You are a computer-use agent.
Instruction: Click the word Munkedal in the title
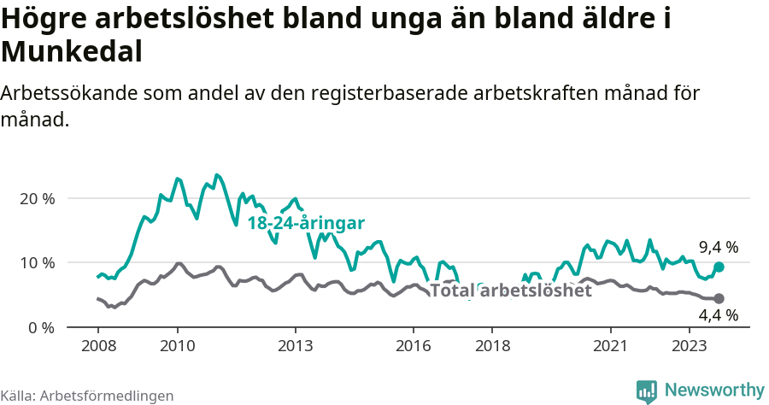click(x=71, y=52)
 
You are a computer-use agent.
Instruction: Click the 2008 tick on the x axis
click(x=97, y=347)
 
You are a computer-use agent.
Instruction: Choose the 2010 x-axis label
click(x=177, y=347)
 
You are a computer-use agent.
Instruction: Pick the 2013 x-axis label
click(x=296, y=347)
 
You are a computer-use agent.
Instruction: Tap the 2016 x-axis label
click(x=414, y=347)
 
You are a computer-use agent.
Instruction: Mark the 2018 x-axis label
click(x=492, y=347)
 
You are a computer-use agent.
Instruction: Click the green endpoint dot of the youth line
click(x=719, y=267)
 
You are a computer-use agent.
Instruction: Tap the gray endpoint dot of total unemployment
click(x=719, y=298)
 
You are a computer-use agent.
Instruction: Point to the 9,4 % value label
click(x=719, y=248)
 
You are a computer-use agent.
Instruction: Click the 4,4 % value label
click(x=719, y=316)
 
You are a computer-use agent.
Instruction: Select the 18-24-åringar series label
click(x=306, y=223)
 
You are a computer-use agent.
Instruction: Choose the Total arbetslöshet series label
click(x=510, y=291)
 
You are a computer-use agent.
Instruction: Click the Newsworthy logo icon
click(x=647, y=391)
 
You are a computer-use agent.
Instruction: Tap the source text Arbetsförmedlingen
click(x=107, y=396)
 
